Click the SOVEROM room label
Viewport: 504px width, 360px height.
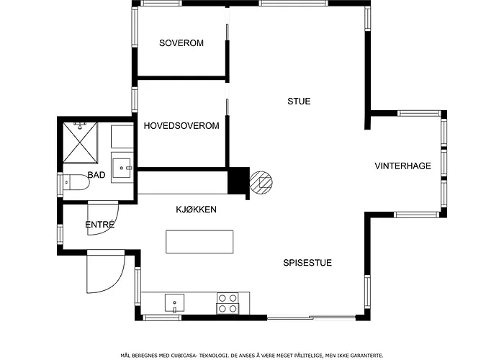(x=181, y=42)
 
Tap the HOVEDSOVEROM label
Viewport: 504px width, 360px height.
(x=181, y=125)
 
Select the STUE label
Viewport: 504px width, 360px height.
(x=299, y=102)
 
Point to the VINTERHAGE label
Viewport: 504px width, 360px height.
(x=402, y=166)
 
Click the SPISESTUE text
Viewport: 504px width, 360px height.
(x=307, y=263)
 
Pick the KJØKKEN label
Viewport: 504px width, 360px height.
(x=196, y=210)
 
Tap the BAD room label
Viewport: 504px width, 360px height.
(x=96, y=175)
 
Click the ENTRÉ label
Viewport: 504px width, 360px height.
(x=99, y=225)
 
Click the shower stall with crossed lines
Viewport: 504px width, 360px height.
(x=80, y=143)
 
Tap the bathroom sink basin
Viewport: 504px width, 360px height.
(x=122, y=168)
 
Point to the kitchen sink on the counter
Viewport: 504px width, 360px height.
(x=174, y=303)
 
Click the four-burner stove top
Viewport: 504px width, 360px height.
(x=228, y=303)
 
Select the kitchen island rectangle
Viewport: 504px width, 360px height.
(x=199, y=242)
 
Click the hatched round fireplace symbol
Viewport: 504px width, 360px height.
(x=261, y=183)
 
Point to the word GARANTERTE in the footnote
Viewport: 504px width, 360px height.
(x=369, y=356)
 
